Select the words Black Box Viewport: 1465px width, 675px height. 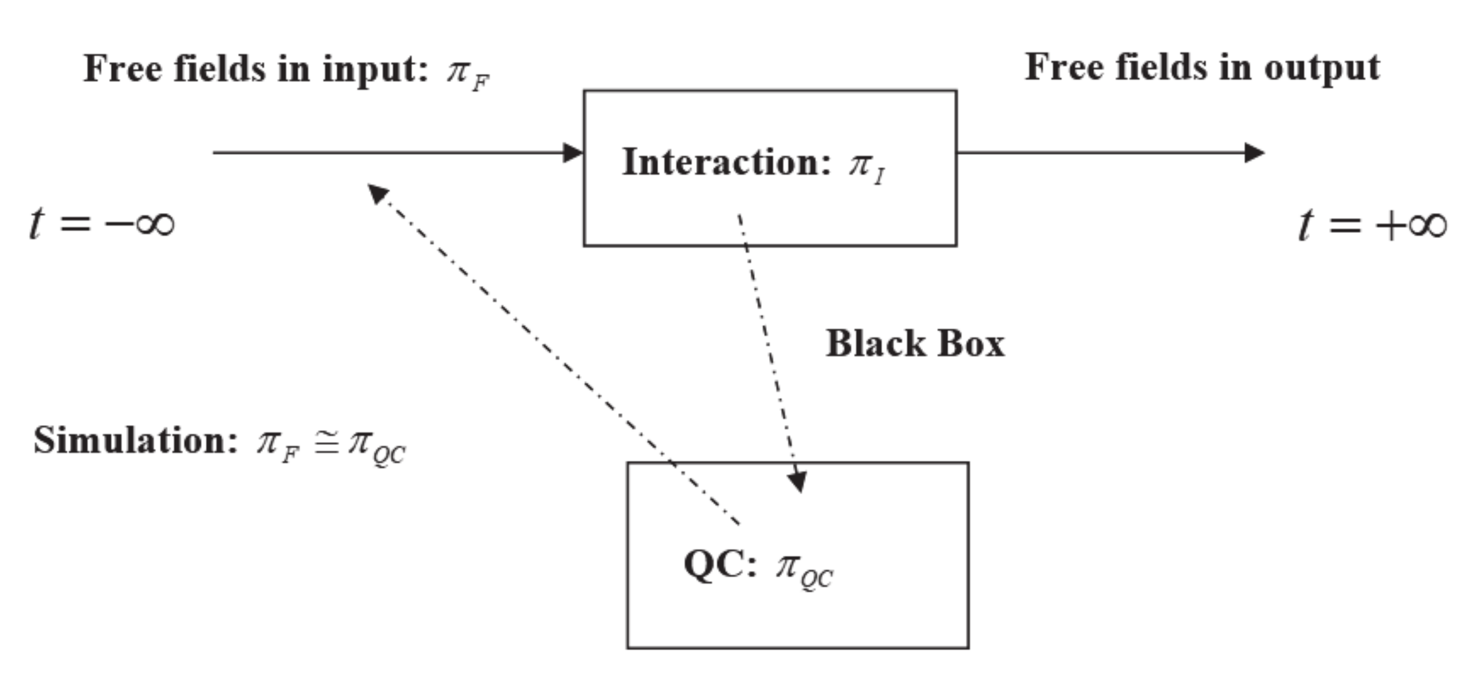coord(914,344)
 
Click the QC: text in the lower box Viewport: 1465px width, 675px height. coord(719,565)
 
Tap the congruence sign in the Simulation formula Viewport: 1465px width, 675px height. coord(326,442)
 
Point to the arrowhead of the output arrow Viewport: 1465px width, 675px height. coord(1253,152)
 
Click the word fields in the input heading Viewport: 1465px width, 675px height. coord(220,69)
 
